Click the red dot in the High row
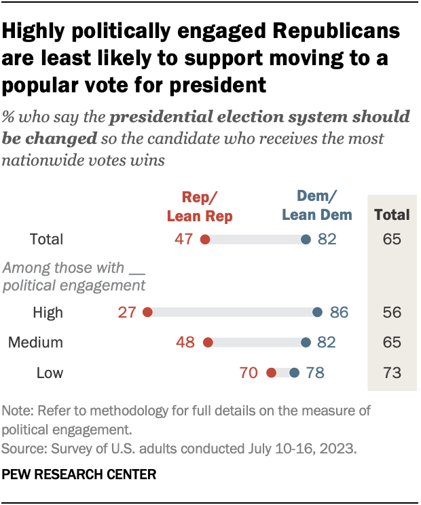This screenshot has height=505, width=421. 147,312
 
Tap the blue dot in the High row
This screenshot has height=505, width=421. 317,312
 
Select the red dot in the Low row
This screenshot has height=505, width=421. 271,373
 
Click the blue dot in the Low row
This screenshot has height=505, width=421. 294,373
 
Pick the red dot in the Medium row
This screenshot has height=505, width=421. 208,343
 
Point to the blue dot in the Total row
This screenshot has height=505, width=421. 306,239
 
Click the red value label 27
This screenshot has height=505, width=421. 128,312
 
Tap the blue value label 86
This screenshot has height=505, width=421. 338,312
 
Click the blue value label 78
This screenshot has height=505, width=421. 315,373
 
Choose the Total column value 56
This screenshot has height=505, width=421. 392,312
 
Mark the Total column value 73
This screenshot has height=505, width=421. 392,373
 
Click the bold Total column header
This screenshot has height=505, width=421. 392,215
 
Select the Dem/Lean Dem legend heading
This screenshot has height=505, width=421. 317,207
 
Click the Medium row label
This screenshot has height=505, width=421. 35,343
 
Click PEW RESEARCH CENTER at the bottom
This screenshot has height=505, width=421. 79,473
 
